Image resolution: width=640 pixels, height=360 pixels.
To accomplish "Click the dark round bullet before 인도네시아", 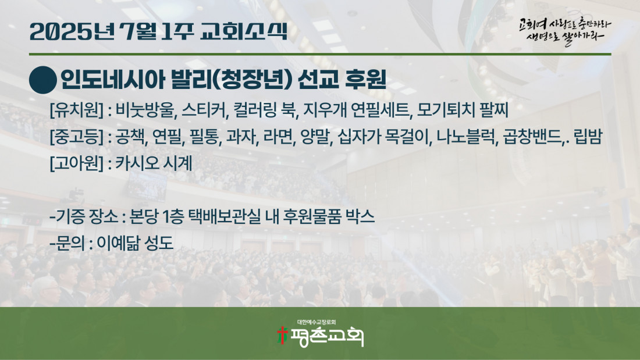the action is [x=43, y=80].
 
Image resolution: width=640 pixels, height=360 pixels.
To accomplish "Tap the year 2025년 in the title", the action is [x=72, y=31].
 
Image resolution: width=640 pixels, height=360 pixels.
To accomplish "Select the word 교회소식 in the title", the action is [x=244, y=31].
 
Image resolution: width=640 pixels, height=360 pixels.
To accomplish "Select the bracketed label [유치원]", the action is [x=76, y=110].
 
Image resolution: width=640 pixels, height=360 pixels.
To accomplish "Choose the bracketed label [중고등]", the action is [x=76, y=136].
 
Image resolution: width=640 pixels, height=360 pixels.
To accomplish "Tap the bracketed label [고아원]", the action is [x=76, y=163].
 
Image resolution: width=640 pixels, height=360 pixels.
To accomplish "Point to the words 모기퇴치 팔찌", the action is [x=463, y=110].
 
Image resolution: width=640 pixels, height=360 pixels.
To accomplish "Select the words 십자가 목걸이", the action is [x=384, y=136].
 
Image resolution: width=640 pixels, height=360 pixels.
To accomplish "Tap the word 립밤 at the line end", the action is [x=588, y=136].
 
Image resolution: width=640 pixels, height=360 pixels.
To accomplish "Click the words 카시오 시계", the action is [x=154, y=163].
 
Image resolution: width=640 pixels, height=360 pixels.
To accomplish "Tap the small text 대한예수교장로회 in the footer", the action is [x=317, y=322].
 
